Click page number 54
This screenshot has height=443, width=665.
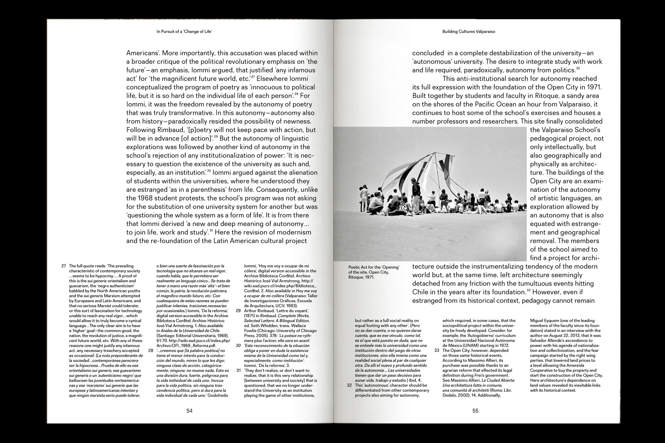[189, 411]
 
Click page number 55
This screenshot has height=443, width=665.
[475, 411]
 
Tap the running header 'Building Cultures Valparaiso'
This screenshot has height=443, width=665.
[469, 32]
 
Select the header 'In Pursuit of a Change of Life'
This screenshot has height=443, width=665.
[184, 32]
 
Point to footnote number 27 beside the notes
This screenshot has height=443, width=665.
[64, 266]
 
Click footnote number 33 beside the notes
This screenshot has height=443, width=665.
[437, 350]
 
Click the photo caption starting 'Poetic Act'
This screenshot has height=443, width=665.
[374, 272]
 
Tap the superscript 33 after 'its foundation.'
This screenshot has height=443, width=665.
[529, 290]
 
